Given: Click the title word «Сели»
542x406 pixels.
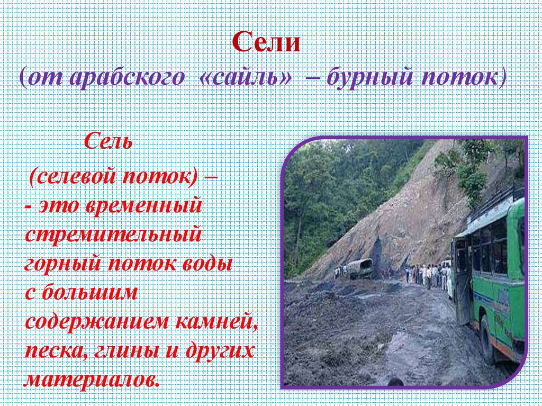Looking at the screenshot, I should [x=266, y=43].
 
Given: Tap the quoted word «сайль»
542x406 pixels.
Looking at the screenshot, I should [x=246, y=78].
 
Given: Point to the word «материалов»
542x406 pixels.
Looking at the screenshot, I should [x=91, y=380].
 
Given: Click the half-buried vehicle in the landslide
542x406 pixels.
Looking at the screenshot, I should [x=360, y=268].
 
